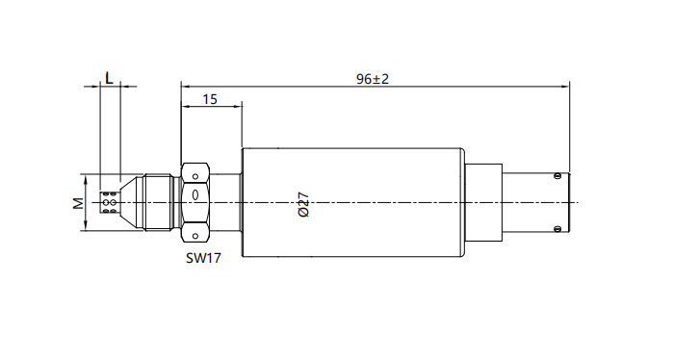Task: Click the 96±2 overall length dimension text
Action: click(x=373, y=79)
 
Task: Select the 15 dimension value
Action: click(x=210, y=99)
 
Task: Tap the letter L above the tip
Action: click(x=109, y=78)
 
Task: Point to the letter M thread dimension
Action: click(x=78, y=203)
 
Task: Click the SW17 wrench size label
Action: click(x=203, y=258)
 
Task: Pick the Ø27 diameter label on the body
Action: click(x=303, y=204)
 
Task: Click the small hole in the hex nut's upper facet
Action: click(x=195, y=176)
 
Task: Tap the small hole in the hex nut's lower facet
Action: click(x=195, y=236)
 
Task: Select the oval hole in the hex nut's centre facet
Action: click(x=195, y=195)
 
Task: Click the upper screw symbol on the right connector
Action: click(x=557, y=176)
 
